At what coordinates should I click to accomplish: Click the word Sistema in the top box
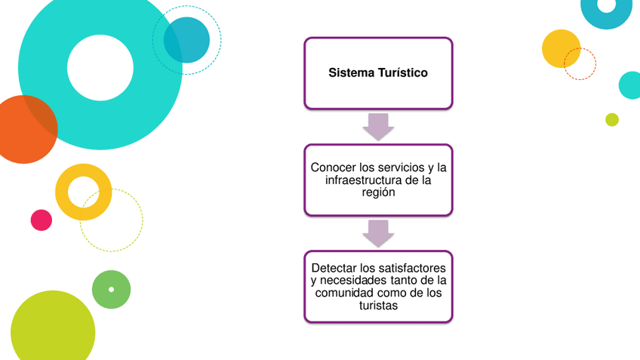[x=349, y=73]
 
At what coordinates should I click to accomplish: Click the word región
[x=378, y=192]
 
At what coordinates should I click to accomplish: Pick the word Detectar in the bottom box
[x=334, y=268]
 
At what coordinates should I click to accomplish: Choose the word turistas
[x=378, y=306]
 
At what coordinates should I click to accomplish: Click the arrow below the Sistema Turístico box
[x=378, y=126]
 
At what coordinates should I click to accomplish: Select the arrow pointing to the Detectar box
[x=378, y=233]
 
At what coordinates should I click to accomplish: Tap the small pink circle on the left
[x=42, y=220]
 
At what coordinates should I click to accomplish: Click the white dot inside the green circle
[x=112, y=290]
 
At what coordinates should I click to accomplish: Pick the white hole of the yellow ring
[x=83, y=192]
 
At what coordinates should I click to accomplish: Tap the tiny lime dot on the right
[x=612, y=119]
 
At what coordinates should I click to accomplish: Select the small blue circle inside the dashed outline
[x=186, y=39]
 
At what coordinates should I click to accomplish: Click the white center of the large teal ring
[x=100, y=68]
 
